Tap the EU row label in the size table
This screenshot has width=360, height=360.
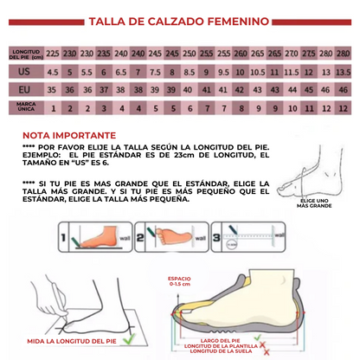coord(25,89)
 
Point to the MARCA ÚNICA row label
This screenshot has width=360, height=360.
coord(25,107)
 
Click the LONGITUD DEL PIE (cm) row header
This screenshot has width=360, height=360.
coord(25,54)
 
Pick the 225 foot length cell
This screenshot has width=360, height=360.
coord(53,54)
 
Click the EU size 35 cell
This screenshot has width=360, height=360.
coord(53,89)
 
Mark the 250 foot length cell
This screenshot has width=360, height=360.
coord(190,54)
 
